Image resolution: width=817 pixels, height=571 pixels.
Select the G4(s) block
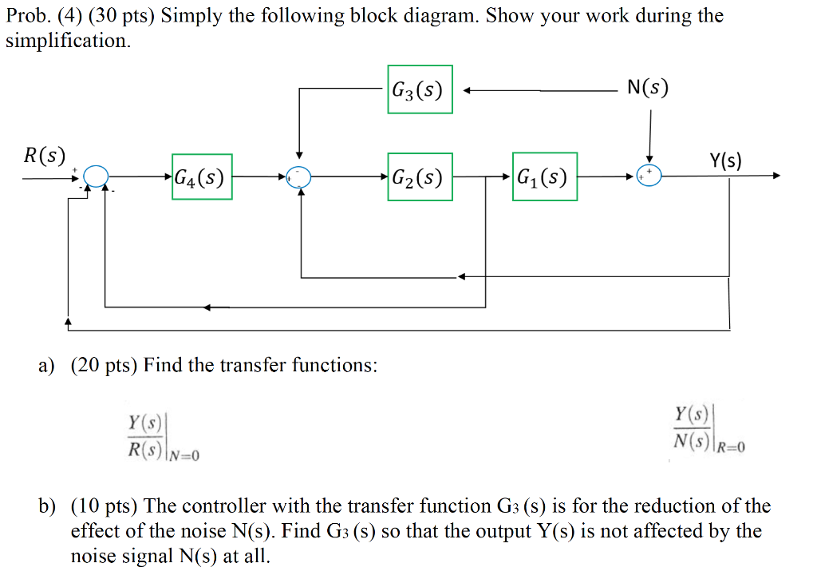point(202,176)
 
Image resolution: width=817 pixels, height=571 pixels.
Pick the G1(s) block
point(544,176)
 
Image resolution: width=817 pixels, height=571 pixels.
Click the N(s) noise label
point(647,88)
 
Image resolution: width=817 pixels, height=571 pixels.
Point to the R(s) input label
point(45,155)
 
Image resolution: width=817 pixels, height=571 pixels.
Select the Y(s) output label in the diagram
point(724,161)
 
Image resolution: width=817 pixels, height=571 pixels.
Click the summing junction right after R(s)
point(95,176)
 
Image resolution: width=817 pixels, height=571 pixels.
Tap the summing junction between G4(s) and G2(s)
point(299,176)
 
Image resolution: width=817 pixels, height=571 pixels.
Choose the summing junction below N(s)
point(649,176)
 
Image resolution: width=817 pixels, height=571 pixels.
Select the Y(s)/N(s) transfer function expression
point(693,427)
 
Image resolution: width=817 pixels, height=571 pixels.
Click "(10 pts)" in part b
point(105,506)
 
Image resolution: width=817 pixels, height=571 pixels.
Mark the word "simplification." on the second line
point(67,41)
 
